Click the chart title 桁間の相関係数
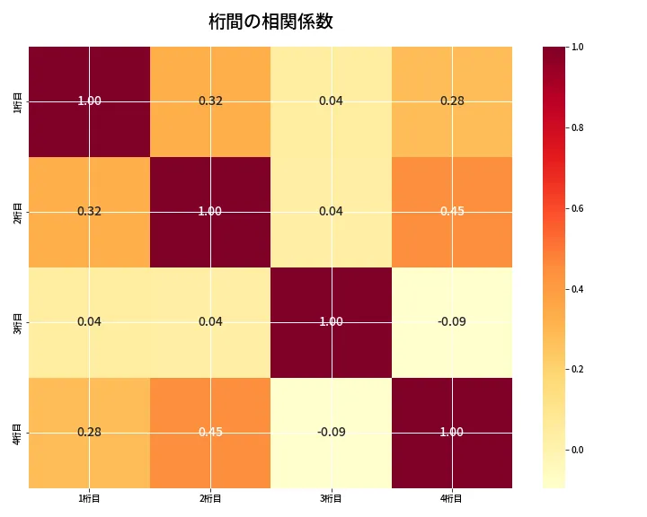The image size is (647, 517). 270,22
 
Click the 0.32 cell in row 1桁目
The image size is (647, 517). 210,101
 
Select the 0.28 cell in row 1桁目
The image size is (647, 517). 452,101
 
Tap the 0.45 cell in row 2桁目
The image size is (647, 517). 452,212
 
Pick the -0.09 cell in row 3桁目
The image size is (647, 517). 452,322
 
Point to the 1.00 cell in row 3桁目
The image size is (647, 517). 331,322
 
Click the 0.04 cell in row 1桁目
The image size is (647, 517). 331,101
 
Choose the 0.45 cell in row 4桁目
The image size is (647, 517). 210,432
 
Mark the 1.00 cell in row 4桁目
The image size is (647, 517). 452,432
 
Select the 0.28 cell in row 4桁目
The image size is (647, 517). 89,432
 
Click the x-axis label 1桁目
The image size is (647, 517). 89,499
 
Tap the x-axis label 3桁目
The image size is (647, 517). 331,499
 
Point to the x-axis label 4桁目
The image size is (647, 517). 452,499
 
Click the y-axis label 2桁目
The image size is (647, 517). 18,212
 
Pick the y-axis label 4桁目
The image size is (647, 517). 18,432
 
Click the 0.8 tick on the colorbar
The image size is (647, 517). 578,127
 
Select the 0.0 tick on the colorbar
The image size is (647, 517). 578,450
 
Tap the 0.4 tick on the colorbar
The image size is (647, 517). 578,289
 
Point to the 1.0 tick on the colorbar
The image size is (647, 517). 578,47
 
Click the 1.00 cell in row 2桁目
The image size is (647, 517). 210,212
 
